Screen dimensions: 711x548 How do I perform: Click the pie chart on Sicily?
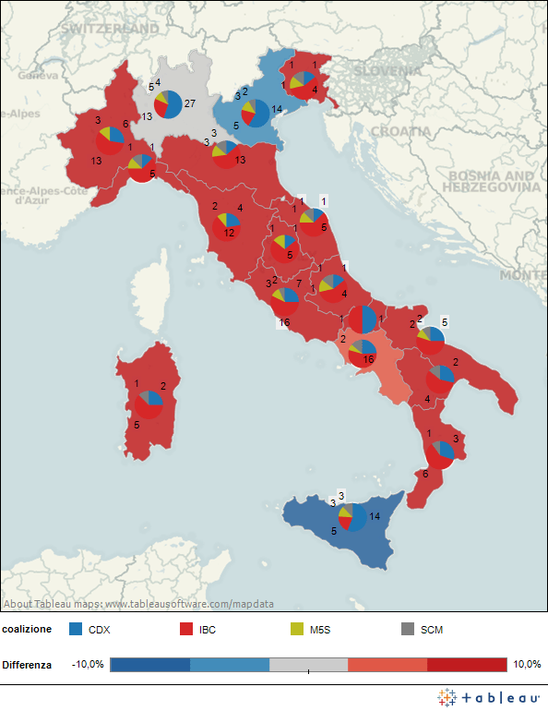tap(352, 518)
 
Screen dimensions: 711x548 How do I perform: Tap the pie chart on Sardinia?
tap(149, 404)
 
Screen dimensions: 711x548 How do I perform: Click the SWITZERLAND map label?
tap(110, 30)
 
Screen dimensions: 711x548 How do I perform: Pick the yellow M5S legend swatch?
tap(296, 629)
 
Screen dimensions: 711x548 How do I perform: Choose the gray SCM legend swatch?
tap(407, 629)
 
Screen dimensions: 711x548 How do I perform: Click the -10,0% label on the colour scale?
tap(89, 665)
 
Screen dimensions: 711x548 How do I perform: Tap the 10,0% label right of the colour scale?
tap(527, 665)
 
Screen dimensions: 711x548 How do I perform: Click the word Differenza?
tap(27, 665)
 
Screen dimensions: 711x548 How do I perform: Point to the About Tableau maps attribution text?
tap(138, 604)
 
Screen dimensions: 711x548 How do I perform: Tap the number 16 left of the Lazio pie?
tap(284, 323)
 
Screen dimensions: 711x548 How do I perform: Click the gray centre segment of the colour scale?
tap(308, 665)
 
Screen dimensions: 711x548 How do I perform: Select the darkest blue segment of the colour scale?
tap(149, 665)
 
